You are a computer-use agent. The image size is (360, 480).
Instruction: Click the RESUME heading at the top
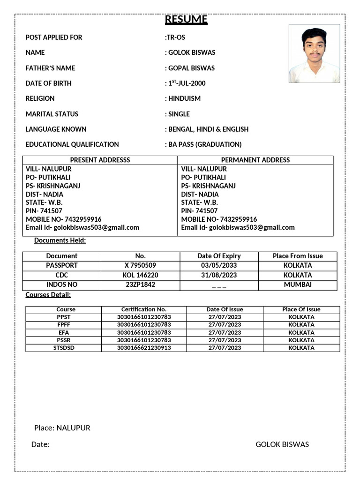pyautogui.click(x=186, y=20)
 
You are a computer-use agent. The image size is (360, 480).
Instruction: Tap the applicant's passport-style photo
pyautogui.click(x=314, y=53)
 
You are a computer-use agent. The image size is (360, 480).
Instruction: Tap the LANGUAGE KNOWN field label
pyautogui.click(x=56, y=129)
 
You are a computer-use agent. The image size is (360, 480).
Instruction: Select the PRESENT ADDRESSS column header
pyautogui.click(x=100, y=160)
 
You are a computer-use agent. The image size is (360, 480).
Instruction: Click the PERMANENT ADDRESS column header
pyautogui.click(x=255, y=160)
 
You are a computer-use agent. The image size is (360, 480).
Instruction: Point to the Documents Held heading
pyautogui.click(x=60, y=240)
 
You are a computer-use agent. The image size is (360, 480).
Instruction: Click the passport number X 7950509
pyautogui.click(x=140, y=265)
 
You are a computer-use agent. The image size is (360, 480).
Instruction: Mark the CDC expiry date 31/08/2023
pyautogui.click(x=219, y=275)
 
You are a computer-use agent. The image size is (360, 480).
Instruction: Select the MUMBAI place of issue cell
pyautogui.click(x=298, y=285)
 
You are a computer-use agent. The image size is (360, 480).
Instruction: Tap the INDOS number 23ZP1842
pyautogui.click(x=140, y=285)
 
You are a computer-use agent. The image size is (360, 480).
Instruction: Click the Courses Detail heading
pyautogui.click(x=48, y=295)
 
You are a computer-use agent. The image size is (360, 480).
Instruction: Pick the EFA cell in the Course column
pyautogui.click(x=63, y=332)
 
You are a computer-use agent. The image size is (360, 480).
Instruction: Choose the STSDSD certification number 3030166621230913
pyautogui.click(x=144, y=348)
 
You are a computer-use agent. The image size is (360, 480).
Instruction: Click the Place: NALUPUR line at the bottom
pyautogui.click(x=62, y=428)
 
